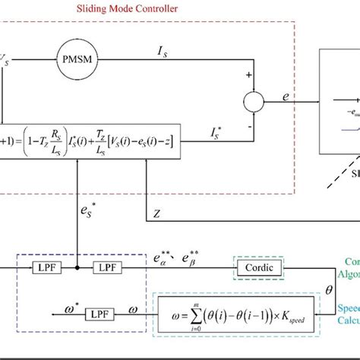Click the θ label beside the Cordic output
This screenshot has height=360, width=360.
coord(329,289)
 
